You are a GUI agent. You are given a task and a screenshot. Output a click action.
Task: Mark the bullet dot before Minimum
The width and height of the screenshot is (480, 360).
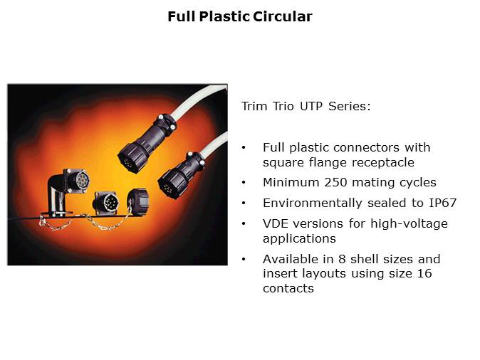pyautogui.click(x=245, y=183)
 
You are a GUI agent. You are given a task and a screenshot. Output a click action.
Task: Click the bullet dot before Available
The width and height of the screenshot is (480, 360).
pyautogui.click(x=245, y=259)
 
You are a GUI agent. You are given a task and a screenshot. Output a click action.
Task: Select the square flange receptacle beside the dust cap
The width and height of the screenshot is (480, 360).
pyautogui.click(x=106, y=202)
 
